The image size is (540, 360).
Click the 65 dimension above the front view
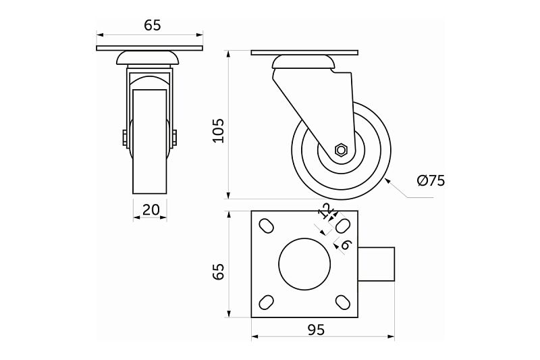click(x=152, y=25)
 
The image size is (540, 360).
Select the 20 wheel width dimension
click(x=151, y=209)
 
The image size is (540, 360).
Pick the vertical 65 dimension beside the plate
click(x=217, y=272)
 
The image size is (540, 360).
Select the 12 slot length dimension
click(x=325, y=211)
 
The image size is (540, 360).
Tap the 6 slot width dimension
click(x=345, y=245)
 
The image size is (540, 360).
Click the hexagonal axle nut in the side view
click(x=341, y=149)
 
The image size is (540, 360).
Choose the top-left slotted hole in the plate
click(x=267, y=224)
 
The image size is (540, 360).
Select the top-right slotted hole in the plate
click(x=343, y=224)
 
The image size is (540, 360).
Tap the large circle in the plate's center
click(x=304, y=263)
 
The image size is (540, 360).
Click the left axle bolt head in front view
click(x=126, y=138)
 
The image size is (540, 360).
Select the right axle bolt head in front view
click(x=175, y=138)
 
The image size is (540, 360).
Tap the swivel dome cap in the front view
click(x=150, y=58)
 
